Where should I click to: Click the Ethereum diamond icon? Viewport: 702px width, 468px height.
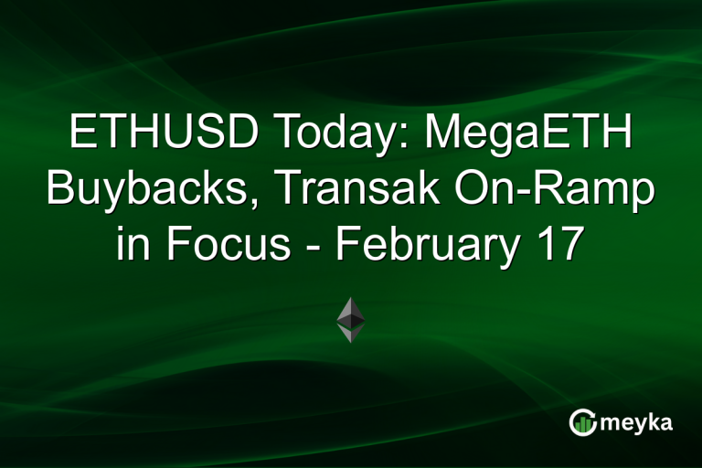click(351, 319)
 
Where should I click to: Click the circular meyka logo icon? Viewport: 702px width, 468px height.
click(582, 421)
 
